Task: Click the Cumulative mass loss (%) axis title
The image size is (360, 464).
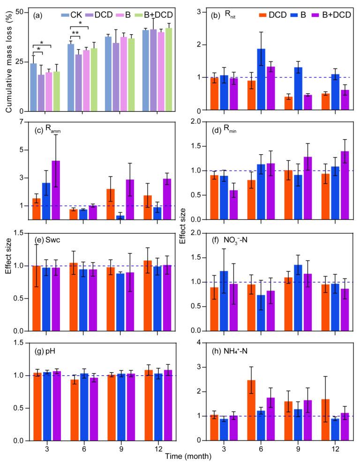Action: [9, 61]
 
